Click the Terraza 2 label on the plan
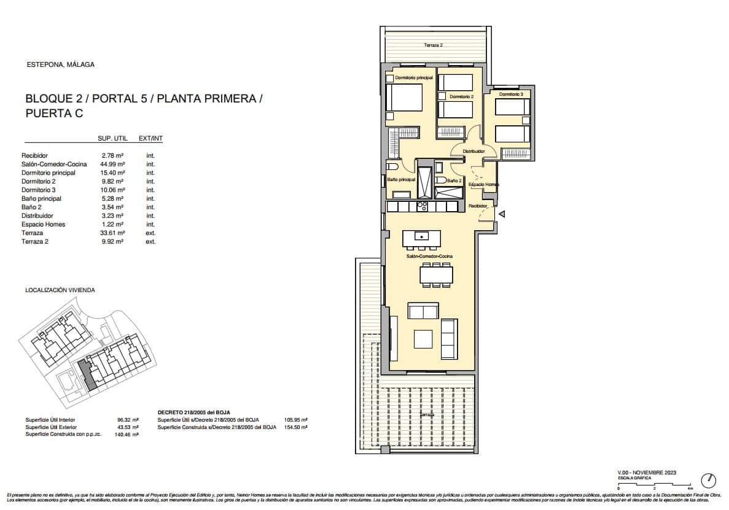433,45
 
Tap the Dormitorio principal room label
414,78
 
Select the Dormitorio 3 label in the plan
511,95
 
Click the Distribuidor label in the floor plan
474,151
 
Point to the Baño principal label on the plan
401,180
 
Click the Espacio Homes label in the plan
483,184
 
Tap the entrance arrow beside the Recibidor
502,214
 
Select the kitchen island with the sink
422,236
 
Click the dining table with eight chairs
436,274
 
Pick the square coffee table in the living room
424,339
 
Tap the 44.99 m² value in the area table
113,164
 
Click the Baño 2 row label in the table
31,207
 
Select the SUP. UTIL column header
112,139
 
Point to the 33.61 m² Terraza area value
113,233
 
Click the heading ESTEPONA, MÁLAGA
61,64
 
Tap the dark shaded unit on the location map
88,375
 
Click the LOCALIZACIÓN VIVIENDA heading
60,290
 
